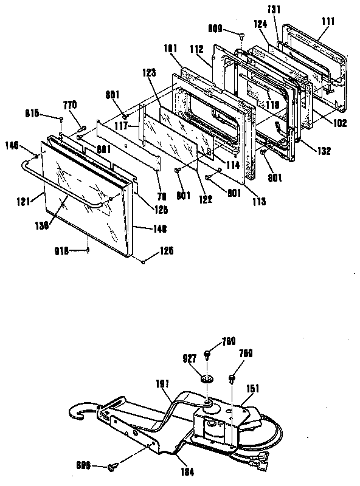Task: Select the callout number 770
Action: [71, 105]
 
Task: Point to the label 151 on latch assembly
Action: [252, 388]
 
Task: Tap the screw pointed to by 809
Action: [242, 35]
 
